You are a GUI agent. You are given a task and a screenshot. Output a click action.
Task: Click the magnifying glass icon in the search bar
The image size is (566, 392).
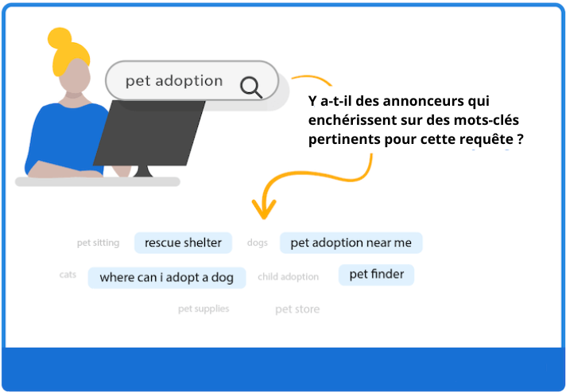coord(251,85)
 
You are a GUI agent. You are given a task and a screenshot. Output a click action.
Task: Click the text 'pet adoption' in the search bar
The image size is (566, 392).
coord(174,80)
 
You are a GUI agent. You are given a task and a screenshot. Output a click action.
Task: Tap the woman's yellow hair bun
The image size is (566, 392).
coord(60,39)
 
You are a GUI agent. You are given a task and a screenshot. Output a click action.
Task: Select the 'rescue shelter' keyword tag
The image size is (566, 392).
coord(183,243)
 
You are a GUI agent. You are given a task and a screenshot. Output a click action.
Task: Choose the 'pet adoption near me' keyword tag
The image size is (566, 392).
coord(351,243)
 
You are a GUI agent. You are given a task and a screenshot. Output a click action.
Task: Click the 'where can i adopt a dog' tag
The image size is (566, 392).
coord(166,278)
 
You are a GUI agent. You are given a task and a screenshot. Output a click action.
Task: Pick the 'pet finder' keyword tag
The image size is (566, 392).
coord(377,274)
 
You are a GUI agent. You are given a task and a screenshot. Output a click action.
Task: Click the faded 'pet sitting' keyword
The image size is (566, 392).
coord(98,243)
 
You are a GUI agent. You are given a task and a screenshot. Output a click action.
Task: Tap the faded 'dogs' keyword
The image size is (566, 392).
coord(257,243)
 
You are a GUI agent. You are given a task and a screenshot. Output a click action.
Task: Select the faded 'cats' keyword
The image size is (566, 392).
coord(68,274)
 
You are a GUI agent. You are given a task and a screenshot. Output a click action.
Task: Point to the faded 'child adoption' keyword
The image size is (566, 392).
coord(288,277)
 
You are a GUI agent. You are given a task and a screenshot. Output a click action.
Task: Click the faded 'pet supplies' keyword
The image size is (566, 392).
coord(204,309)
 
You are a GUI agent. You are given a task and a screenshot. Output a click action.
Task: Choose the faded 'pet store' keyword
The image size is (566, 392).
coord(297,309)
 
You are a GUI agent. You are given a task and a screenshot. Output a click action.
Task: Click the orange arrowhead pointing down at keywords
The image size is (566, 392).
coord(264,209)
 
